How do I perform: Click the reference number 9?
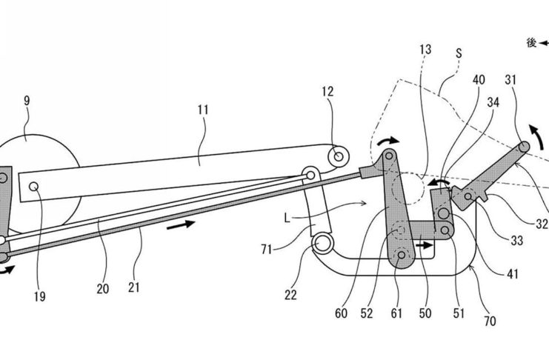(27, 101)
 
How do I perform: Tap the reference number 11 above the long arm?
(203, 110)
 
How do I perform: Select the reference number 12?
(327, 91)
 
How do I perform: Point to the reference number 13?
(425, 50)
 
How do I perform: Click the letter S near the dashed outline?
(459, 53)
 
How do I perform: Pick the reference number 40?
(479, 80)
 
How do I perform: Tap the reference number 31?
(510, 80)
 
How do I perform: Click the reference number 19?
(40, 296)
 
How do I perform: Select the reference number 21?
(134, 287)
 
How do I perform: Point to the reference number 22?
(290, 296)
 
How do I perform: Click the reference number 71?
(267, 250)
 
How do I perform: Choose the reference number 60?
(341, 313)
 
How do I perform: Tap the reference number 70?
(490, 321)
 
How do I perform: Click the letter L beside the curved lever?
(287, 219)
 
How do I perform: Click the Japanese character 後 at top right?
(531, 43)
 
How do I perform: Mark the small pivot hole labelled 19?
(34, 187)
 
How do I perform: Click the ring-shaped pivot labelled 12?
(339, 156)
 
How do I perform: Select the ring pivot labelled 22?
(322, 244)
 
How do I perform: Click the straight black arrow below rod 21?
(181, 224)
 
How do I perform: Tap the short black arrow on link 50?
(425, 245)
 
